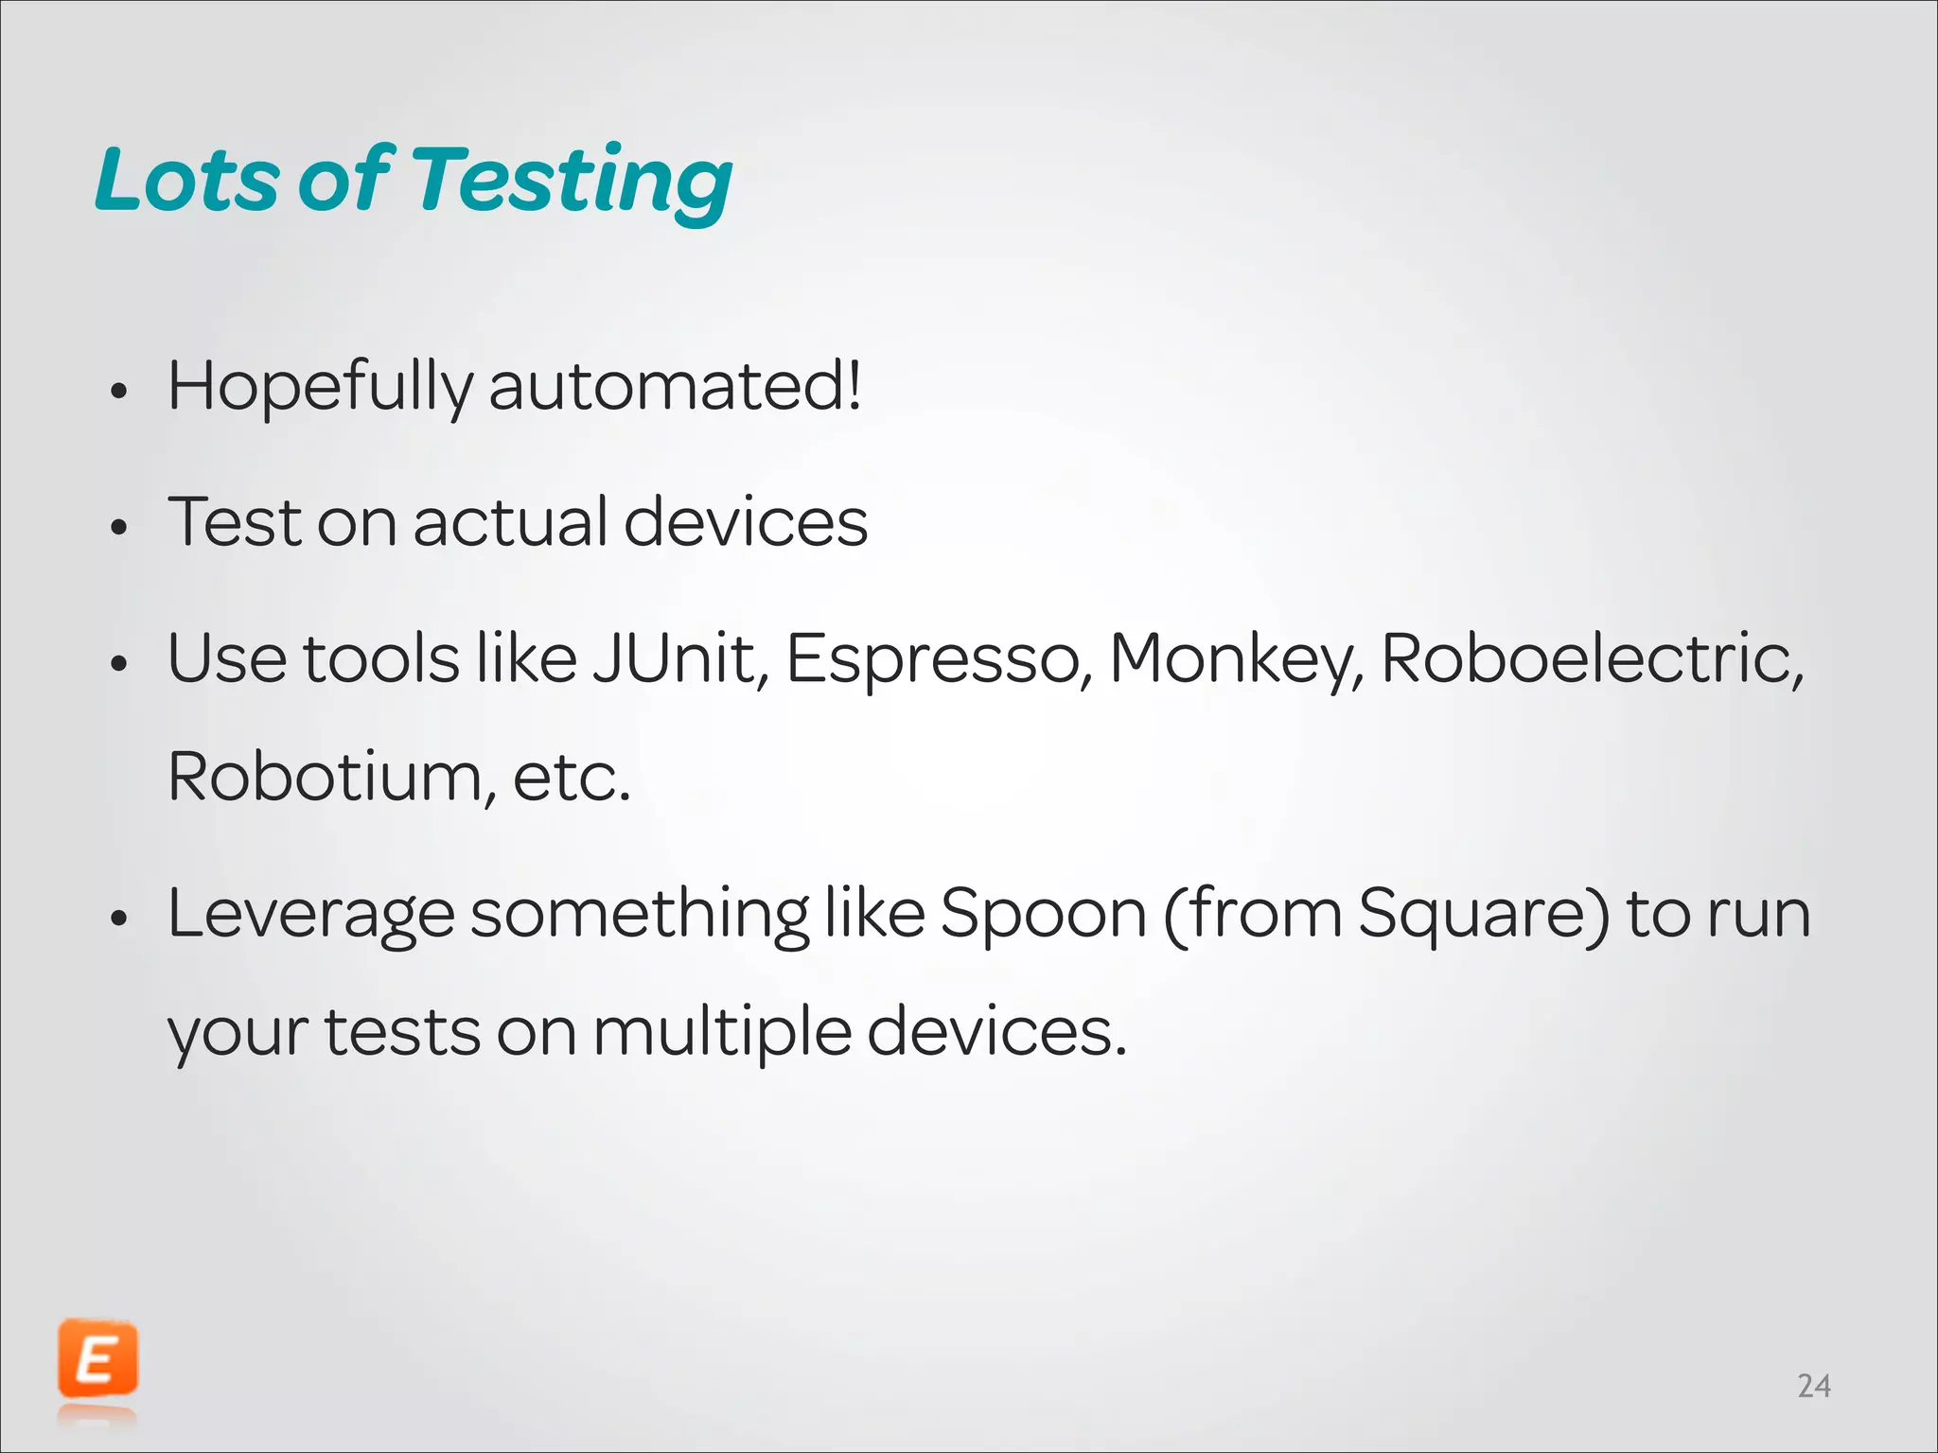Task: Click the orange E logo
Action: click(x=97, y=1360)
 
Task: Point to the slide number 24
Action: click(x=1813, y=1386)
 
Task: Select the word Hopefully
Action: click(x=319, y=388)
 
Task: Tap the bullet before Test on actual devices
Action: click(x=118, y=528)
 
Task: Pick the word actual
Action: click(x=510, y=522)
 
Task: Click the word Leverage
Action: click(x=310, y=916)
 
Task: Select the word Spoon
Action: click(x=1043, y=916)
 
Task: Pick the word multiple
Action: click(x=721, y=1032)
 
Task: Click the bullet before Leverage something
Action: click(x=118, y=919)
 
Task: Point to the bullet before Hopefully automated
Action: click(x=118, y=392)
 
